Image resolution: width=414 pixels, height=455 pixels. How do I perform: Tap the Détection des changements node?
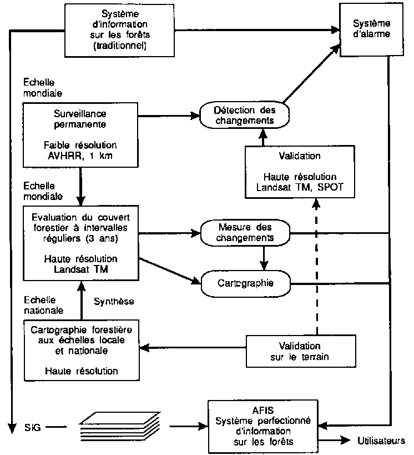point(244,114)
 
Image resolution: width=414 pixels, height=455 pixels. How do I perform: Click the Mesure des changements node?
point(244,232)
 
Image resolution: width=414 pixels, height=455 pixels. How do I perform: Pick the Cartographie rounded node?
point(244,283)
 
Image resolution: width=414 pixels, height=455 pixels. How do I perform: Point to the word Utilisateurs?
point(380,441)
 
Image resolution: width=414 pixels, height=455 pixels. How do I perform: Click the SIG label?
point(32,428)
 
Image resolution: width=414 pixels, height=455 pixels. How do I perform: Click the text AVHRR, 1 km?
point(80,155)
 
